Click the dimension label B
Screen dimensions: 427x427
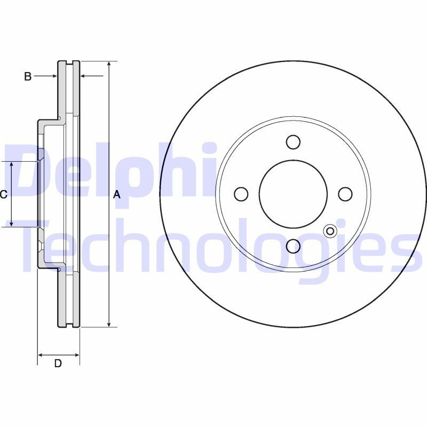(x=28, y=76)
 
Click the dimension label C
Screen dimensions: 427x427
(x=3, y=194)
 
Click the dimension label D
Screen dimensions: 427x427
(x=58, y=363)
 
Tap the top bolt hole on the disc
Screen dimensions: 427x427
(x=292, y=142)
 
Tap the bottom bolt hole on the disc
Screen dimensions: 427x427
(x=292, y=246)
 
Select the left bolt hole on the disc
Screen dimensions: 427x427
(x=241, y=194)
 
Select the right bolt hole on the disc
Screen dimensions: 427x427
(x=345, y=194)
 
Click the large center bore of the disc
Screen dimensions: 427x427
(x=292, y=194)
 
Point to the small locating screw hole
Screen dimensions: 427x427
(x=330, y=231)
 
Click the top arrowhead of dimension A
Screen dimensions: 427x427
(x=109, y=64)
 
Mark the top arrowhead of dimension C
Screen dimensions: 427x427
(x=12, y=164)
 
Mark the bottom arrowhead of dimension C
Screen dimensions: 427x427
(x=12, y=224)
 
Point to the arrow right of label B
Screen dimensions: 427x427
(x=53, y=76)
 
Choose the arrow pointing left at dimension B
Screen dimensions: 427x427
(x=84, y=76)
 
